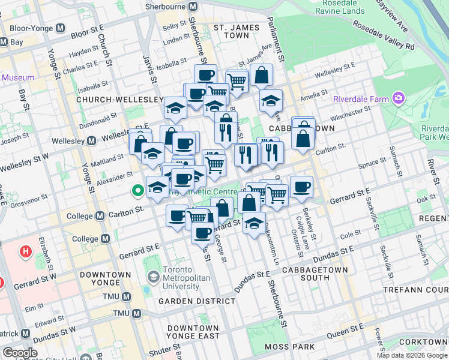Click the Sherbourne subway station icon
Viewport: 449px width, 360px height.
tap(193, 7)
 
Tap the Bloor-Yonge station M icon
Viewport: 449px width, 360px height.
tap(60, 28)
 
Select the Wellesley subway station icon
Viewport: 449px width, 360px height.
tap(92, 140)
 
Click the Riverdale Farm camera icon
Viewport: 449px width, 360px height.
tap(397, 98)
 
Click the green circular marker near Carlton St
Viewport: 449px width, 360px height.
tap(137, 191)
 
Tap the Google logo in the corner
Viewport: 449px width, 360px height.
tap(20, 353)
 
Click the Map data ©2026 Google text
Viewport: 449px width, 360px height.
tap(412, 355)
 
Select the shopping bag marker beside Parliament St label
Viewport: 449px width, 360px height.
tap(261, 75)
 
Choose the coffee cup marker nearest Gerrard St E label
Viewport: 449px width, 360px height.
tap(301, 186)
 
